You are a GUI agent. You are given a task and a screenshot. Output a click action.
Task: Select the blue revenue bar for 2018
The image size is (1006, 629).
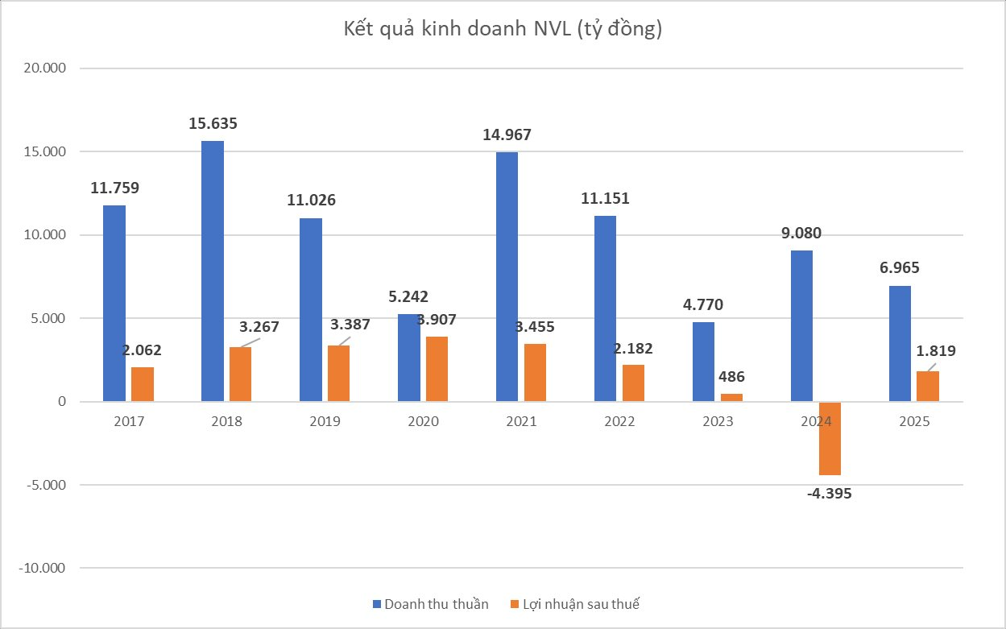point(213,271)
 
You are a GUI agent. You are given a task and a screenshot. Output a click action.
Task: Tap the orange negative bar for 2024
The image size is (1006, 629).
point(830,438)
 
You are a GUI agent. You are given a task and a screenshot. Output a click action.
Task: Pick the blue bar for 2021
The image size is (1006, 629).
point(507,276)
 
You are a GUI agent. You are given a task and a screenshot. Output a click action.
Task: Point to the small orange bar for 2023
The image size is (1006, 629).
point(731,397)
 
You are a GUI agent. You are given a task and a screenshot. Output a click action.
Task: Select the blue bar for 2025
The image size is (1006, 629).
point(900,343)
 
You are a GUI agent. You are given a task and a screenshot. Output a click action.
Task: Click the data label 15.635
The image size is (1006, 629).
point(213,124)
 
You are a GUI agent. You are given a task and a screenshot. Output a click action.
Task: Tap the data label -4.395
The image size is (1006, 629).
point(829,494)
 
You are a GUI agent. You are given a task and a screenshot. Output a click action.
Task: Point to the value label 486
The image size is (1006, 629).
point(731,376)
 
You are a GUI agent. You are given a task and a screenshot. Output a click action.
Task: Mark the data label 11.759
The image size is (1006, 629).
point(114,188)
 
